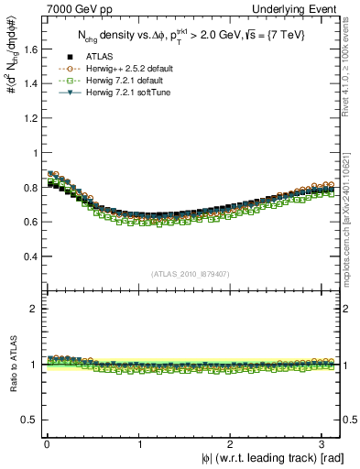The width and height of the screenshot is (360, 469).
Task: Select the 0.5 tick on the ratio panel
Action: click(x=27, y=420)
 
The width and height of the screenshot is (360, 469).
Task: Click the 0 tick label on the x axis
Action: click(x=47, y=443)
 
